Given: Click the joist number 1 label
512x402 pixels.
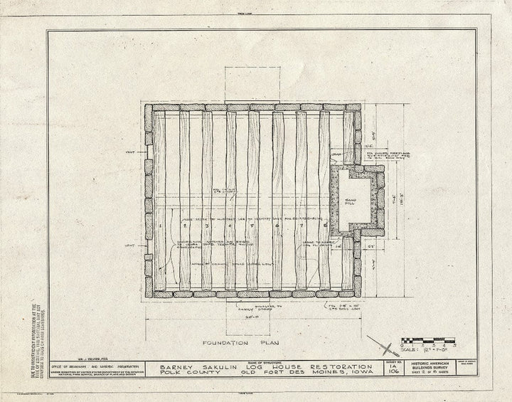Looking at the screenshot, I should [161, 226].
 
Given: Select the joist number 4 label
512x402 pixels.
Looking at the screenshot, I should [233, 226].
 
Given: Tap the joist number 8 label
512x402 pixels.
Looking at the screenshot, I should [324, 226].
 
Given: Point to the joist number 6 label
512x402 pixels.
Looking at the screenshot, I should [279, 226].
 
